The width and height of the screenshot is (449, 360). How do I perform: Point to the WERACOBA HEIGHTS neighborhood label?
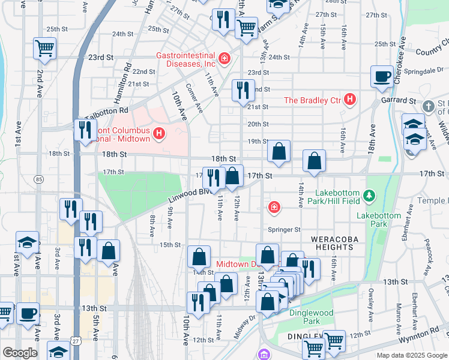[x=331, y=243]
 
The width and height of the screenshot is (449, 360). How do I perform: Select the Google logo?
[x=20, y=353]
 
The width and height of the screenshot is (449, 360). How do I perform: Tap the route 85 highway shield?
[x=39, y=179]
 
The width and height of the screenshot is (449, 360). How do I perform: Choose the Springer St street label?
[x=284, y=229]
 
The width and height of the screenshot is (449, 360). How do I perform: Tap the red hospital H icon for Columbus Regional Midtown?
[x=159, y=133]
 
